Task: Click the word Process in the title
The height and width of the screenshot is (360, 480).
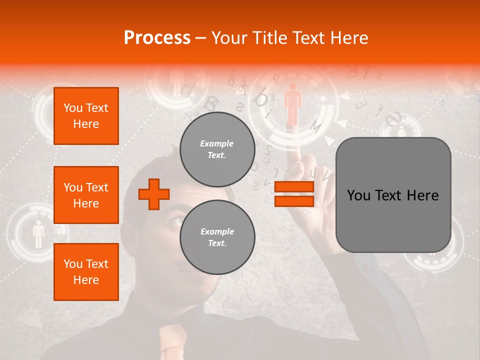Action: click(157, 38)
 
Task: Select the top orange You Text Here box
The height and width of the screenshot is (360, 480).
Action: click(86, 116)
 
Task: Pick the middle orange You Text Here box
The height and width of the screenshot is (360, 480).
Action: click(86, 195)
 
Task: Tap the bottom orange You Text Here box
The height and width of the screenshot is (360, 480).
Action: click(86, 272)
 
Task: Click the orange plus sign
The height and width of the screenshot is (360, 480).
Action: click(154, 194)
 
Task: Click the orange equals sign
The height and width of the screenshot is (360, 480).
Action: click(294, 194)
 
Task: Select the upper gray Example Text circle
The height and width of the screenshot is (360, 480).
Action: click(217, 149)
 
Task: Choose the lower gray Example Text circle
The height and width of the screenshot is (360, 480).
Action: click(217, 237)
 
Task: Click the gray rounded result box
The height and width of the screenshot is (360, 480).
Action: click(393, 195)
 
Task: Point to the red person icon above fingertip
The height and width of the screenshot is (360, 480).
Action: click(293, 104)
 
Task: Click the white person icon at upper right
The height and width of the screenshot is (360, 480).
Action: click(401, 131)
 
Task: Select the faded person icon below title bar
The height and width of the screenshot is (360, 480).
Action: click(176, 82)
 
